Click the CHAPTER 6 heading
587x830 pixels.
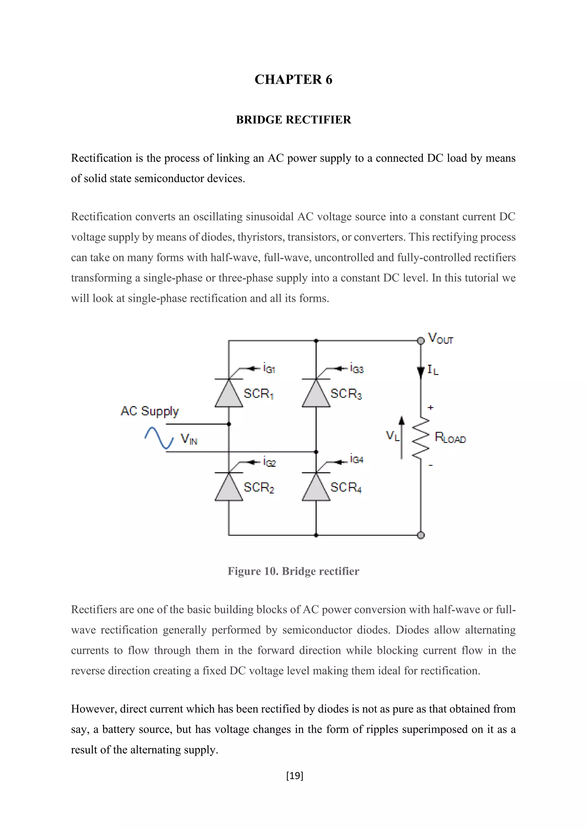coord(293,79)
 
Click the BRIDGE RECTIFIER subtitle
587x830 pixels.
coord(293,120)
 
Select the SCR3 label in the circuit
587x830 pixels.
coord(346,394)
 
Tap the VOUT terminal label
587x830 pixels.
coord(440,338)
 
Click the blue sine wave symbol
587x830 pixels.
coord(159,438)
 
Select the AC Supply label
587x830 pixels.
coord(150,411)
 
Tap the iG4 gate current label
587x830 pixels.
coord(356,459)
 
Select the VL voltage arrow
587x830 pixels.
coord(401,437)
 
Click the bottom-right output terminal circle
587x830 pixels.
coord(421,535)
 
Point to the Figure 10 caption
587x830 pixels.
coord(293,571)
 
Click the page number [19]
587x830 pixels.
coord(294,776)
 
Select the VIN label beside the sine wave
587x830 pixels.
coord(189,439)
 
